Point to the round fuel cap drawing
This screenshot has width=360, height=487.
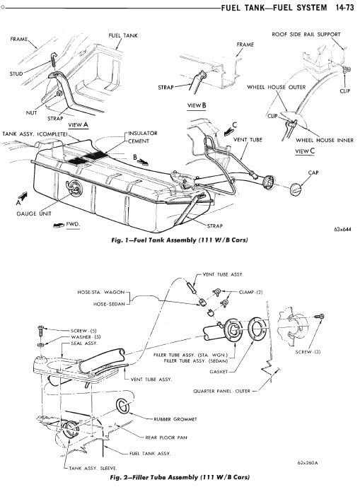[x=295, y=189]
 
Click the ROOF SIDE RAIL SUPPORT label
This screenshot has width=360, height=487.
[x=306, y=34]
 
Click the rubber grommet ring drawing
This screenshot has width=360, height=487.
[x=122, y=406]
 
